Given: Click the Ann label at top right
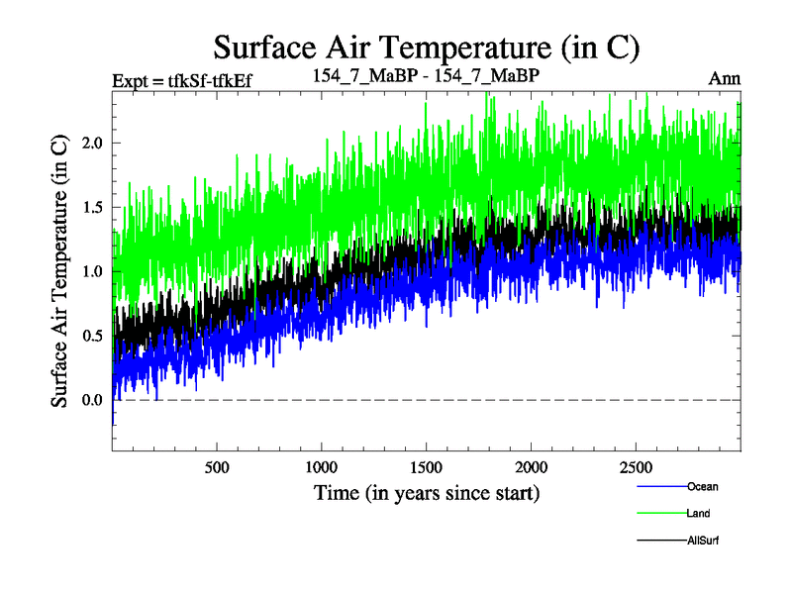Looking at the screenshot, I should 725,78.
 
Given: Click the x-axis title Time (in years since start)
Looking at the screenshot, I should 427,492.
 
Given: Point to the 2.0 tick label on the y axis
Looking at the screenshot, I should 92,143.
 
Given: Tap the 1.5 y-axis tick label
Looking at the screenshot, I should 92,207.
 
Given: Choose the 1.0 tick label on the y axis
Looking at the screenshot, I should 92,271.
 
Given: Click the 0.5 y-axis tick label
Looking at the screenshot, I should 92,336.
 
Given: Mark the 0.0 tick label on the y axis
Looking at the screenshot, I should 92,400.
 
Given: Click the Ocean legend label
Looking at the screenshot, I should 702,486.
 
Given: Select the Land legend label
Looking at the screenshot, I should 698,513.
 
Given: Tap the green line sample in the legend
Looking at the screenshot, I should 658,513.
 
